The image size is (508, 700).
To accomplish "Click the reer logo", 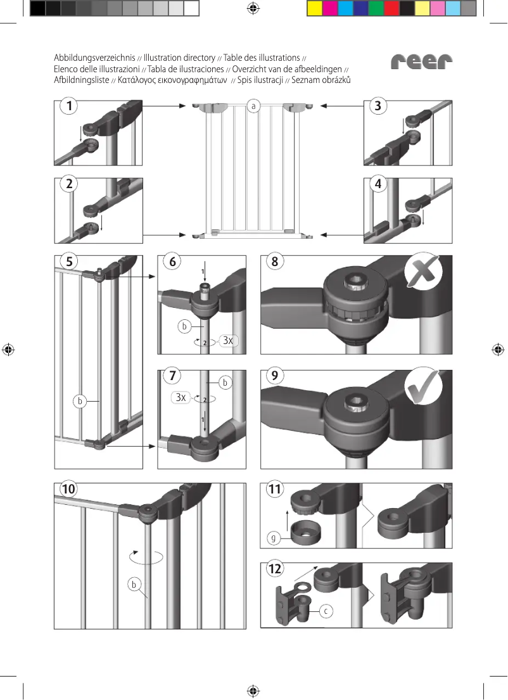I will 422,61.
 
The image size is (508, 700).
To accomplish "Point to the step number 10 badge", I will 69,489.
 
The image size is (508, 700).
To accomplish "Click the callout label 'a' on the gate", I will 253,106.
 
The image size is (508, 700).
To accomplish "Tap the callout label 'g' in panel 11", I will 274,538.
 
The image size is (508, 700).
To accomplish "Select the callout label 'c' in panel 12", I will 326,611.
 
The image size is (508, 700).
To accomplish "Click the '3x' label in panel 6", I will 229,341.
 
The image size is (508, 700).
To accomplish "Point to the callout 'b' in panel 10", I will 134,583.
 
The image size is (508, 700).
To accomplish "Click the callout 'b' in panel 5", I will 79,401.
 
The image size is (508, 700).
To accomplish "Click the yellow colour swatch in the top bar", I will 314,8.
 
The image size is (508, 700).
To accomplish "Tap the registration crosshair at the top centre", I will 253,8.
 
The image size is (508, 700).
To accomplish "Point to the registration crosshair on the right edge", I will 498,350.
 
